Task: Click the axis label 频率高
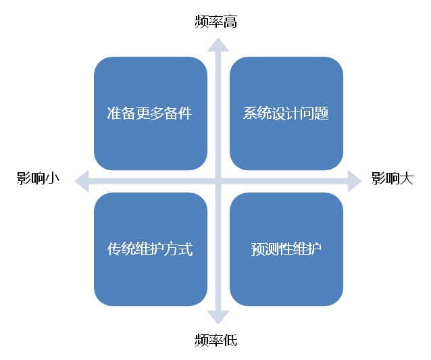[x=215, y=22]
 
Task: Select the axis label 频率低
[x=215, y=339]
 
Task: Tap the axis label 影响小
[x=39, y=179]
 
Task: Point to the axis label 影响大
[x=392, y=179]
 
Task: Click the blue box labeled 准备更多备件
[x=150, y=113]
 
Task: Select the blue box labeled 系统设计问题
[x=286, y=113]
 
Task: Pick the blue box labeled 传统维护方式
[x=150, y=249]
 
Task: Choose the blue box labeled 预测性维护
[x=286, y=249]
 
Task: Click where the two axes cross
[x=216, y=180]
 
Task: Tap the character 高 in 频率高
[x=230, y=22]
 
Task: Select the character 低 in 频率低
[x=230, y=339]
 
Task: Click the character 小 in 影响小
[x=53, y=179]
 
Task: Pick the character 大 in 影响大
[x=406, y=179]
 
